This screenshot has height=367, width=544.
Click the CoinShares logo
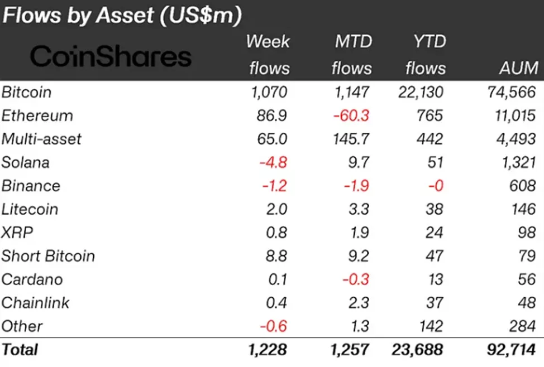tap(111, 57)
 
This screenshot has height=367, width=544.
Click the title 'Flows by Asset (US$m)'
tap(122, 16)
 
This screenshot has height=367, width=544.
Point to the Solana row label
tap(25, 162)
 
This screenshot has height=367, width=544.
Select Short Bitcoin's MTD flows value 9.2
tap(358, 256)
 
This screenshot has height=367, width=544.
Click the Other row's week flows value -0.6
tap(274, 326)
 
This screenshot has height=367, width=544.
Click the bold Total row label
tap(20, 350)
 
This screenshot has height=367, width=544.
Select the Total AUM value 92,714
tap(510, 350)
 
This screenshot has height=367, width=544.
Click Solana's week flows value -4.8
tap(274, 162)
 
